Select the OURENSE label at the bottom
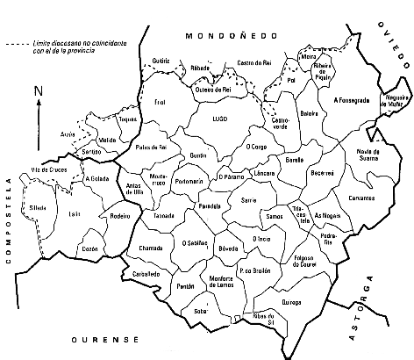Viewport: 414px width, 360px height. click(117, 338)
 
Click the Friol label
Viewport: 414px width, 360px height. click(159, 103)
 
